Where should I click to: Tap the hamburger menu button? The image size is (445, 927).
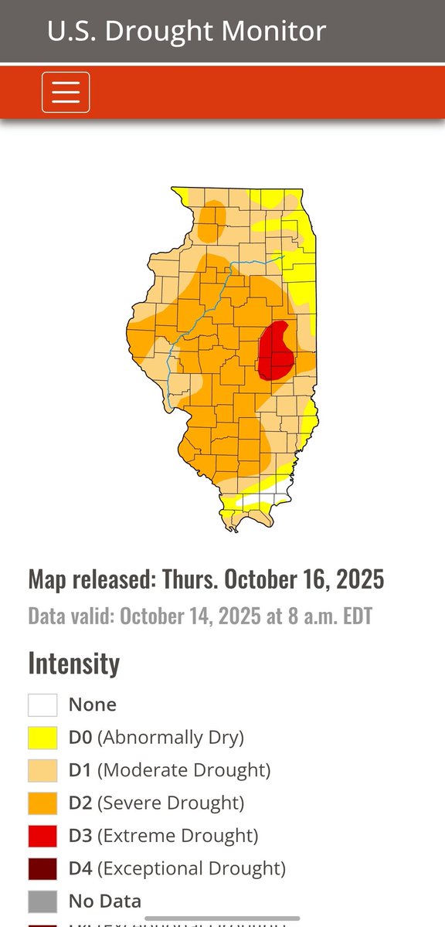[x=66, y=92]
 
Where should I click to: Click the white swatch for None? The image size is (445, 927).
[x=42, y=705]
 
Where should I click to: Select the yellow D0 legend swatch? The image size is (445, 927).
[x=42, y=737]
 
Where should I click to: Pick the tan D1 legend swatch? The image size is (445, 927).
[x=42, y=770]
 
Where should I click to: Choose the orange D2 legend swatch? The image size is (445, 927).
[x=42, y=803]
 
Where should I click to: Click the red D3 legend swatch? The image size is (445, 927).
[x=42, y=835]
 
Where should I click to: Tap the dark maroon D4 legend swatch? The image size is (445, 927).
[x=42, y=868]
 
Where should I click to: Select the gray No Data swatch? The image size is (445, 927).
[x=42, y=901]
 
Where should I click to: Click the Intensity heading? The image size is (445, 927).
[x=74, y=663]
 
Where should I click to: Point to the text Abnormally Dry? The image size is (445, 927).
[x=170, y=738]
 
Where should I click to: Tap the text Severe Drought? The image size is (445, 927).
[x=171, y=803]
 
